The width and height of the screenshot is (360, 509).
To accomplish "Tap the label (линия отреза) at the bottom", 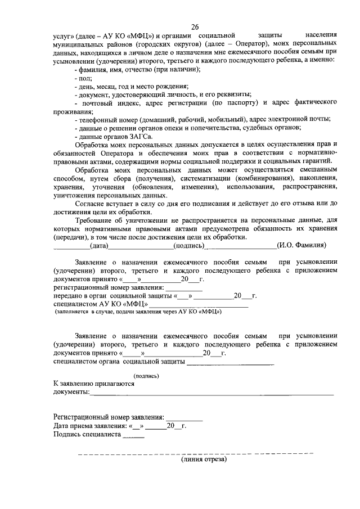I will pyautogui.click(x=203, y=460).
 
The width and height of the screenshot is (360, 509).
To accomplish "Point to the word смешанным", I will pyautogui.click(x=316, y=169).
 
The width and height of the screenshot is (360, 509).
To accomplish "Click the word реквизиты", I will pyautogui.click(x=233, y=94).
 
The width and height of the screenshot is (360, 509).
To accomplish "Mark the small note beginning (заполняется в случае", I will pyautogui.click(x=138, y=311).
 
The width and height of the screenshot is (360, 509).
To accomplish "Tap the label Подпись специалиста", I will pyautogui.click(x=87, y=434).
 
